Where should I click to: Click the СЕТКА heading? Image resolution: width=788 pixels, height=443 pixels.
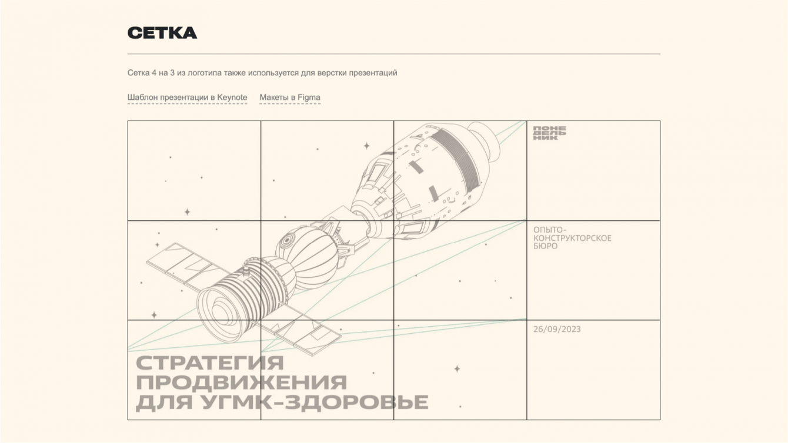coord(162,33)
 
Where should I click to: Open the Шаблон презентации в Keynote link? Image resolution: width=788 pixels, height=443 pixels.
coord(187,98)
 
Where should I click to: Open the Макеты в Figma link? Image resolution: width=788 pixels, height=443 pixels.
coord(290,98)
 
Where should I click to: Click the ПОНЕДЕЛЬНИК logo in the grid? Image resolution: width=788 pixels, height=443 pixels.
coord(549,133)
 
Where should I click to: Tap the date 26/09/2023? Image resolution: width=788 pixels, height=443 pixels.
coord(557,329)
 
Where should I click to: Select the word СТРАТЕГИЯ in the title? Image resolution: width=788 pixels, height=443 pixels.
coord(210,363)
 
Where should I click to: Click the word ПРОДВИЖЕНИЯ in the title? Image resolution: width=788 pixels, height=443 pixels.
coord(241,382)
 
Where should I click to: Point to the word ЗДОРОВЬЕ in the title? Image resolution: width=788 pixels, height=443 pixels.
coord(356,402)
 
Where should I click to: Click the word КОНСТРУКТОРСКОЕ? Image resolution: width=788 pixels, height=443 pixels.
coord(572,238)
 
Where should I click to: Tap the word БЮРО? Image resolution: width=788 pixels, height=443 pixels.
coord(545,246)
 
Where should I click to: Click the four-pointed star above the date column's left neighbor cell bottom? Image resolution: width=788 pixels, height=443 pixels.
coord(457,369)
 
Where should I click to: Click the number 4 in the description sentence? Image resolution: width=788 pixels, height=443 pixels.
coord(153,73)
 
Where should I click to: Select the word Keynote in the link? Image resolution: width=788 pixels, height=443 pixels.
coord(232,98)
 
